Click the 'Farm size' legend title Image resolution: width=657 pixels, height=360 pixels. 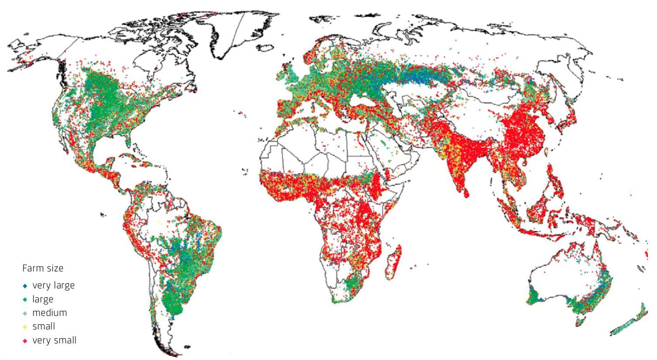(x=43, y=268)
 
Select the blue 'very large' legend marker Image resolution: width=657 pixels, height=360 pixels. (x=25, y=286)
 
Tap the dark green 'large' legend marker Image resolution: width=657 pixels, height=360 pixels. (x=25, y=300)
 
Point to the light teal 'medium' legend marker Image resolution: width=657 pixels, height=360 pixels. (x=25, y=313)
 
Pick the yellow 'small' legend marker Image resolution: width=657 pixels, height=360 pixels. (x=25, y=327)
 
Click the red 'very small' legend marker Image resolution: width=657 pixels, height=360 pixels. (x=25, y=341)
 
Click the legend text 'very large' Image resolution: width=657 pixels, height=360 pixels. (x=54, y=285)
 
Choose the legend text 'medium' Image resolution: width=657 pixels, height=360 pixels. (x=50, y=313)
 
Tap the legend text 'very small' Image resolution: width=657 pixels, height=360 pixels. (x=55, y=340)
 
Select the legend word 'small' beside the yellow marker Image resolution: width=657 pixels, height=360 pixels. (x=44, y=326)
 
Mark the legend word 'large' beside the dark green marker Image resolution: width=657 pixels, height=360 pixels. (x=43, y=299)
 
